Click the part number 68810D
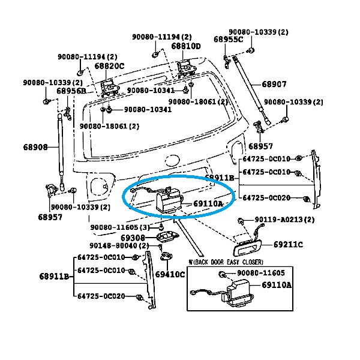(x=186, y=46)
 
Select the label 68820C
(x=109, y=66)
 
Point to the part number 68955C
(x=228, y=40)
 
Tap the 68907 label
(x=274, y=85)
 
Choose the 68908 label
(x=35, y=147)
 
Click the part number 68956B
(x=71, y=91)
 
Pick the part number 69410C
(x=170, y=274)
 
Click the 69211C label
(x=288, y=245)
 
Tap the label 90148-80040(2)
(x=120, y=246)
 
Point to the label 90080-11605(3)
(x=120, y=228)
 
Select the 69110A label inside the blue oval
(x=208, y=204)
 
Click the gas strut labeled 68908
(x=60, y=144)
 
